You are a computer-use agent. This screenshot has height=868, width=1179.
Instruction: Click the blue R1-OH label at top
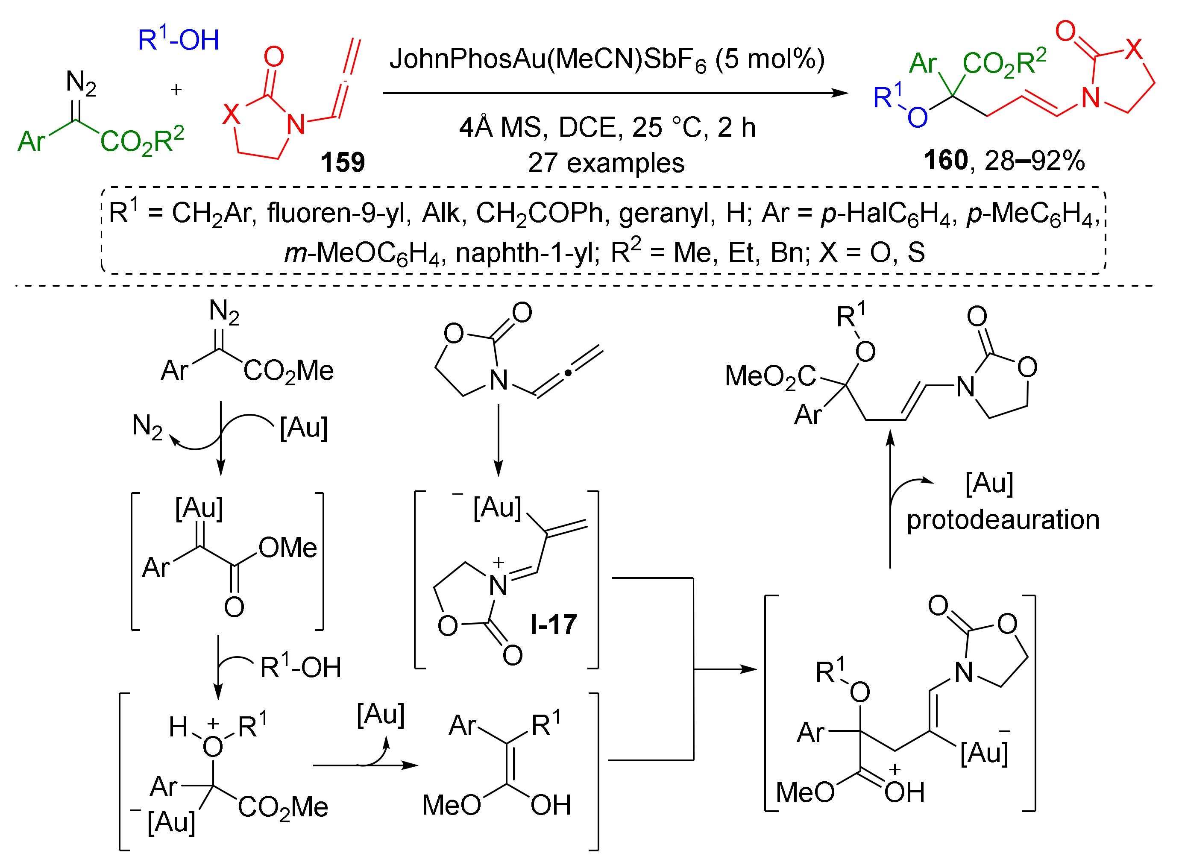(178, 40)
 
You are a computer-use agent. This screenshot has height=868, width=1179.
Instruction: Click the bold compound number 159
(342, 162)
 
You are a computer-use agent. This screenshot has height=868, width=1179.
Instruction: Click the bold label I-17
(553, 625)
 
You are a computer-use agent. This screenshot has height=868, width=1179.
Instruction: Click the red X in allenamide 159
(231, 114)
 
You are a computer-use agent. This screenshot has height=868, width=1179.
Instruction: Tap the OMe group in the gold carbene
(287, 548)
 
